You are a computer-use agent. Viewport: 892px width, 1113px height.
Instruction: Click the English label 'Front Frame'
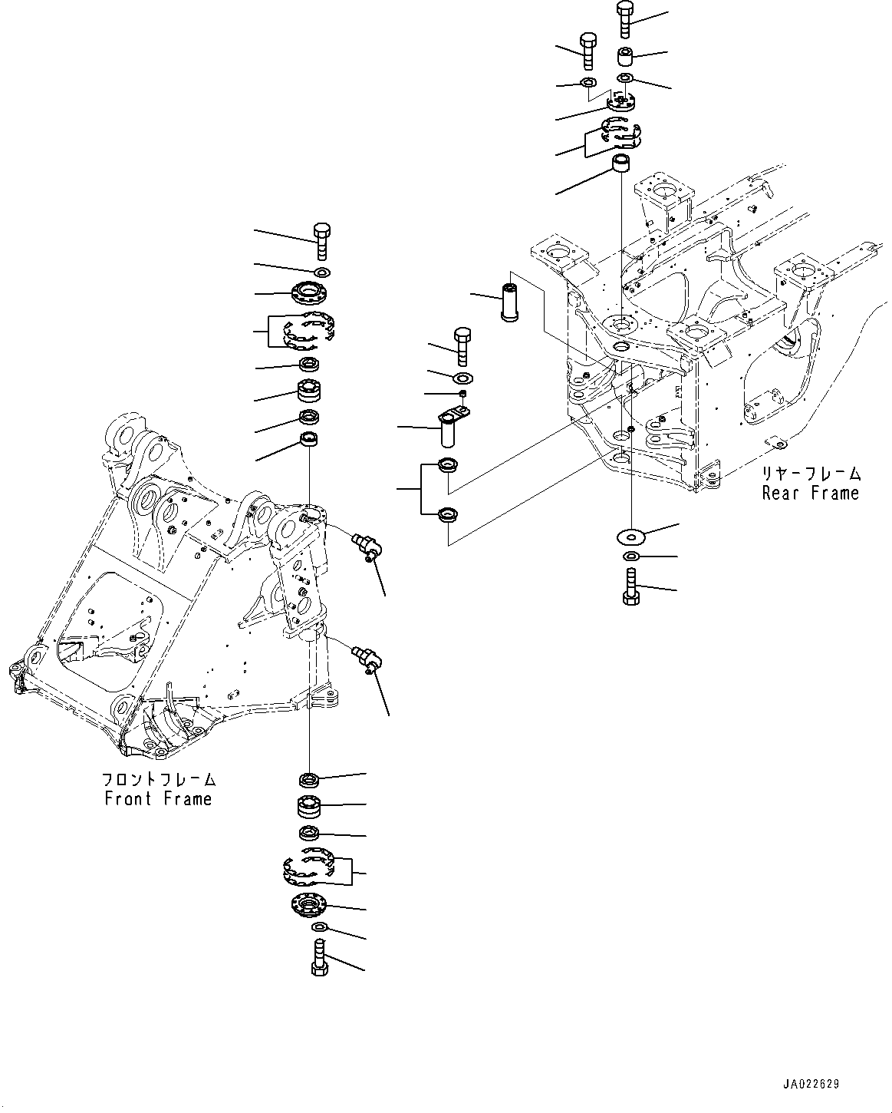[x=158, y=799]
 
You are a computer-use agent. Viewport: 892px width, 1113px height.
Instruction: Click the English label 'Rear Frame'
[x=811, y=493]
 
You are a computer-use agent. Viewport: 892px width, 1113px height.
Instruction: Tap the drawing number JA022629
[x=811, y=1084]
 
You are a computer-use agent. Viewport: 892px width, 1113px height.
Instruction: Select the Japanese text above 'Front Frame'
[x=159, y=780]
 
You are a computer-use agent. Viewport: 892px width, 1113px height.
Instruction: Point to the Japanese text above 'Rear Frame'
[x=811, y=474]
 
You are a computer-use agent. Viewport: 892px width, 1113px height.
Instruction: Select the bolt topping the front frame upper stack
[x=321, y=241]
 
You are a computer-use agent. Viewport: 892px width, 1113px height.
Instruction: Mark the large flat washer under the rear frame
[x=630, y=534]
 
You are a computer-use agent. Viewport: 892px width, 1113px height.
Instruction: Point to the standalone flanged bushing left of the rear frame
[x=510, y=302]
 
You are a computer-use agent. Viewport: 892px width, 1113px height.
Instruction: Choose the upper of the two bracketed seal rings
[x=446, y=465]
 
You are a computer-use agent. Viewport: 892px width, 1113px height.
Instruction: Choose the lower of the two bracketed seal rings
[x=446, y=515]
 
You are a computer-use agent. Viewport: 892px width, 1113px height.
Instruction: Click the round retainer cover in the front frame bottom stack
[x=310, y=906]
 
